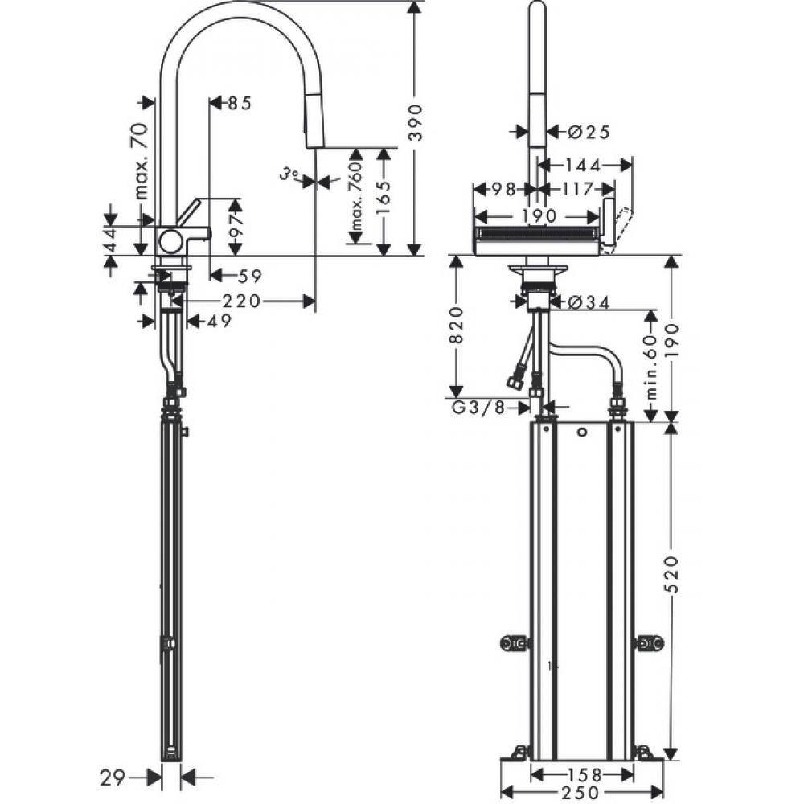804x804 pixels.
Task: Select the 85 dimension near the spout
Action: [240, 103]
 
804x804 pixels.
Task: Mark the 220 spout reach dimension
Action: [242, 301]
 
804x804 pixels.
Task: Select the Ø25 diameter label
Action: [589, 132]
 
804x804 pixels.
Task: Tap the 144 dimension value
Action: [582, 166]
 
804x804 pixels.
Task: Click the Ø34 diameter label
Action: [587, 302]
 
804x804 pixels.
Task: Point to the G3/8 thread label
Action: [478, 408]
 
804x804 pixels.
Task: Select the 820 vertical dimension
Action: [457, 325]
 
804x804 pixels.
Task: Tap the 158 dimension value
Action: [582, 775]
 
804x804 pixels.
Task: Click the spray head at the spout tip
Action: [314, 129]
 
